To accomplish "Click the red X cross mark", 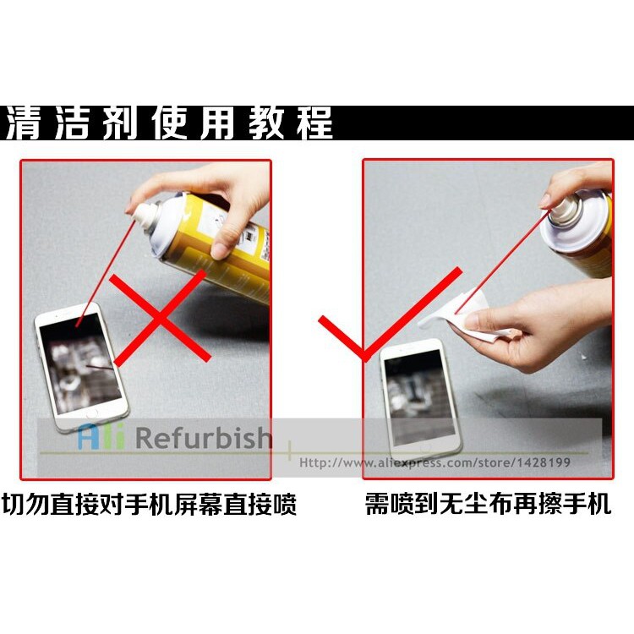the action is point(160,318).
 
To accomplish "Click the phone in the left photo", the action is point(81,367).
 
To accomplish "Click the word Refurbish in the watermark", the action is point(204,437).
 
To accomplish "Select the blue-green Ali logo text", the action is point(101,437).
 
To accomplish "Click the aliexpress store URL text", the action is point(435,462).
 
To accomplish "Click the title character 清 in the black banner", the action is point(24,123).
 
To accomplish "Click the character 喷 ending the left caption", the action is point(285,504).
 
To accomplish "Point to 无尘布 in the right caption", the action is point(475,504).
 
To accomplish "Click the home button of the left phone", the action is point(92,414).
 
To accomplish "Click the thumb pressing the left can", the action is point(221,243).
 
